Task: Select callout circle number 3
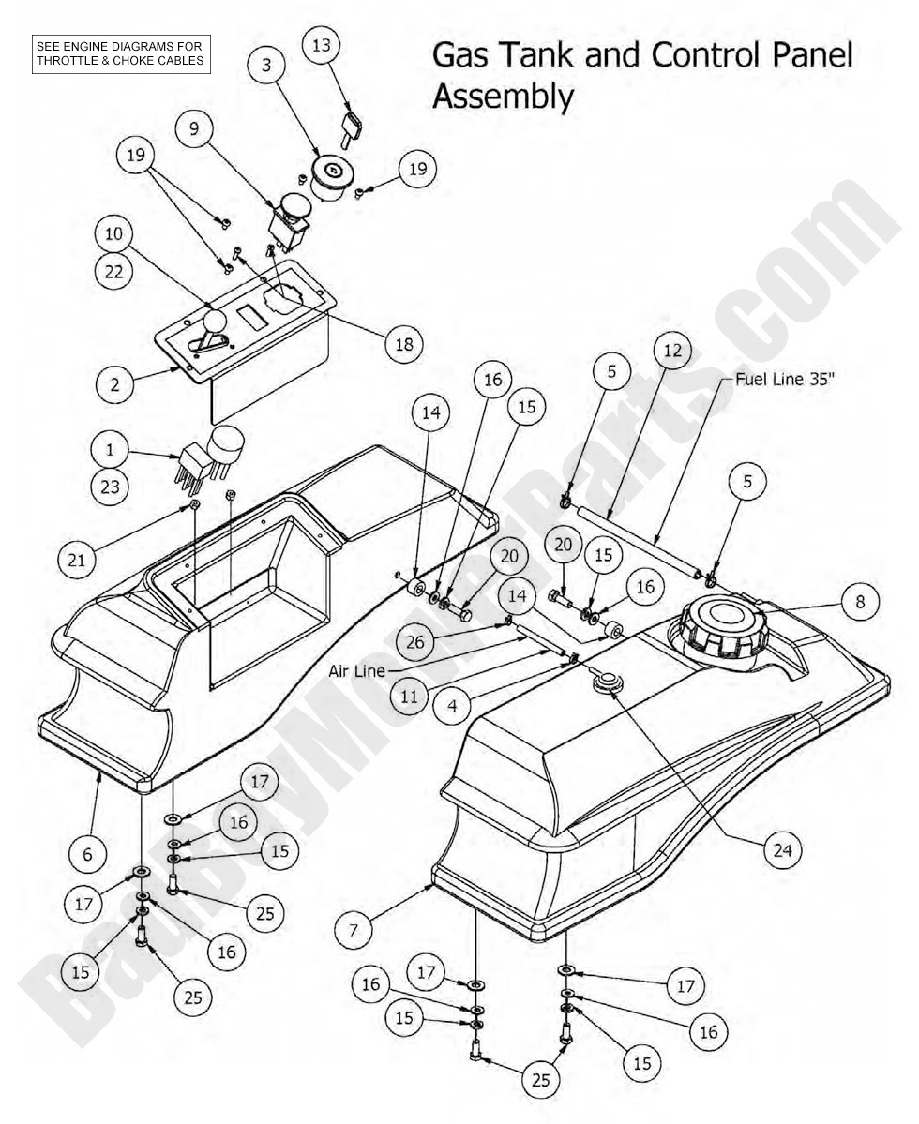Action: (x=267, y=65)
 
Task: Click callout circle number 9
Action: (x=195, y=128)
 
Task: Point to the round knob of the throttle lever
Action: (x=217, y=322)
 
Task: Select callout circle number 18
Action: (x=404, y=343)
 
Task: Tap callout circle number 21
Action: (x=76, y=560)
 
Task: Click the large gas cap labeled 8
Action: (x=717, y=624)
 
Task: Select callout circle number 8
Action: (x=860, y=601)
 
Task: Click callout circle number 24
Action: (x=783, y=850)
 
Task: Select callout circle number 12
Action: (x=672, y=352)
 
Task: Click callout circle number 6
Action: (x=88, y=854)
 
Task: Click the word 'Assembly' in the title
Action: (x=503, y=96)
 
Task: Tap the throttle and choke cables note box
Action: (x=120, y=53)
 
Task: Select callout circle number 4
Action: (x=453, y=704)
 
